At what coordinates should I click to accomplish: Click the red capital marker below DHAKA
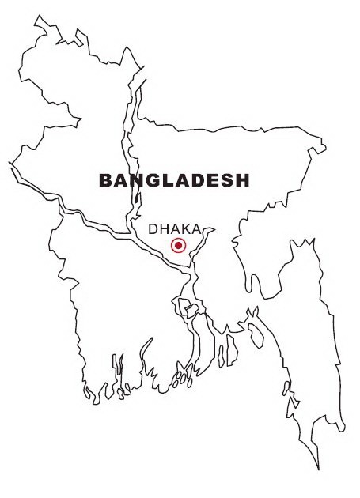coord(178,245)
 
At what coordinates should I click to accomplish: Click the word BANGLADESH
coord(174,180)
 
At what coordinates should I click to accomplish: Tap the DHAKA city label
coord(175,228)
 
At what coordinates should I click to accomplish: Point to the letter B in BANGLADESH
coord(106,180)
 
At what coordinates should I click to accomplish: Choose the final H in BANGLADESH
coord(241,180)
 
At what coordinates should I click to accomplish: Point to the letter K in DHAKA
coord(185,228)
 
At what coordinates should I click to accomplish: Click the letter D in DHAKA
coord(154,228)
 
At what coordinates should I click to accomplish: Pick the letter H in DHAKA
coord(165,228)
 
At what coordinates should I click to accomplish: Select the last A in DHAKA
coord(195,228)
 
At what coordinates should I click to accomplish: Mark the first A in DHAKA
coord(175,228)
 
